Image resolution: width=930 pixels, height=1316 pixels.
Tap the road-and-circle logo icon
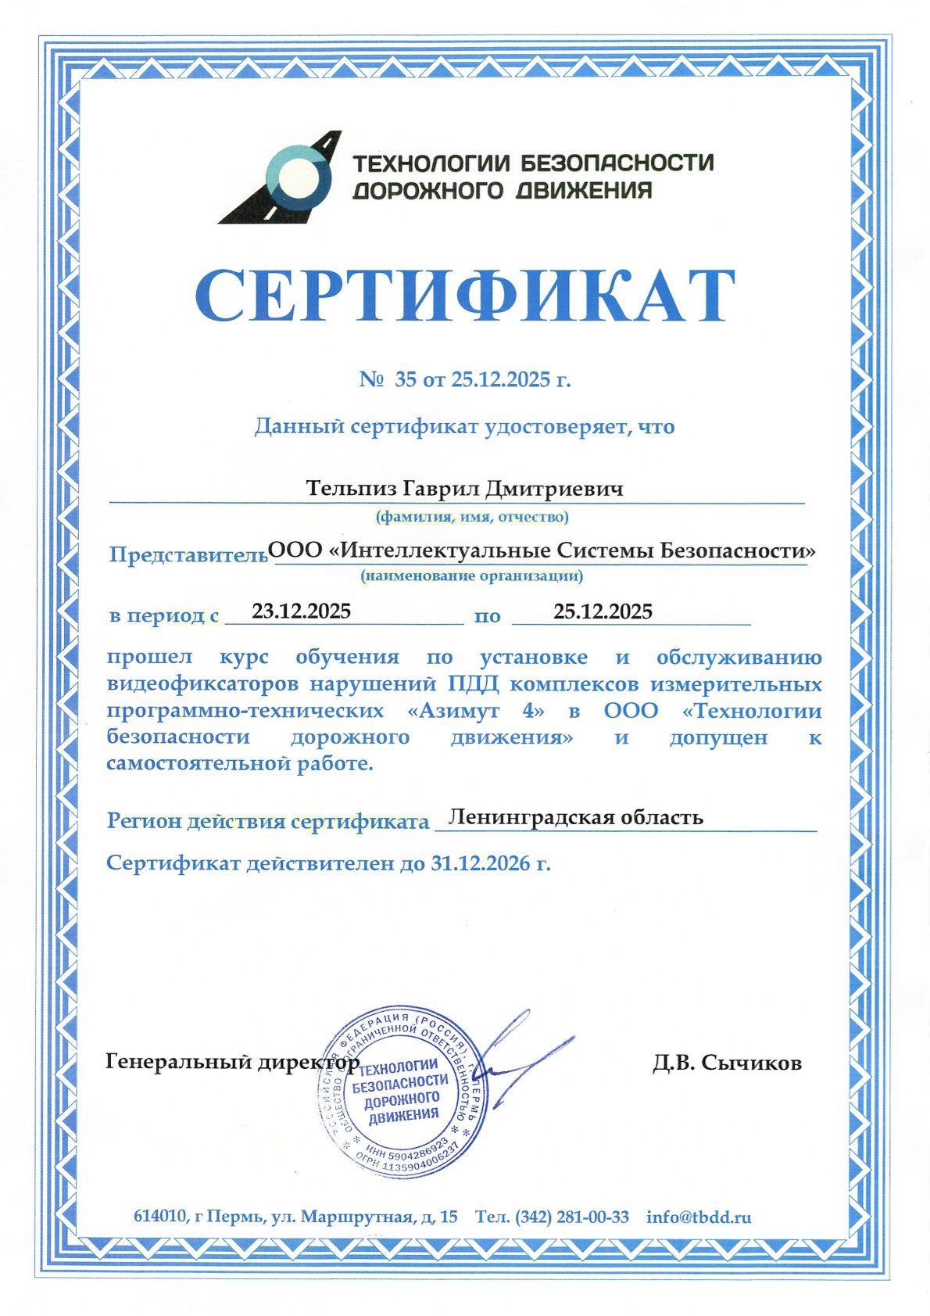coord(284,178)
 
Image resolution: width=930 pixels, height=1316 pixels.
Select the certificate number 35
coord(406,380)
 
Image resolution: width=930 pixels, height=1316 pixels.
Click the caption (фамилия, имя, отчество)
coord(472,517)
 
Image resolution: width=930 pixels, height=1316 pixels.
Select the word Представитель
coord(188,554)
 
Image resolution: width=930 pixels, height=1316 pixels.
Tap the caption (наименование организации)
coord(471,576)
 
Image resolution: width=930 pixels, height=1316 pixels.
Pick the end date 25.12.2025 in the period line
coord(602,611)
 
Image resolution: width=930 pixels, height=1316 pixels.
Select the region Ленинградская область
coord(577,817)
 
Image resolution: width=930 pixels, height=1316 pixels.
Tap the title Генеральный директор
coord(232,1063)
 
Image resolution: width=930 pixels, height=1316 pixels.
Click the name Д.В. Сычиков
coord(727,1063)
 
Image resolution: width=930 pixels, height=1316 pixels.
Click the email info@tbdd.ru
coord(699,1217)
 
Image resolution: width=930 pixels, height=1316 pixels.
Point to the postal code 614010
coord(160,1217)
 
